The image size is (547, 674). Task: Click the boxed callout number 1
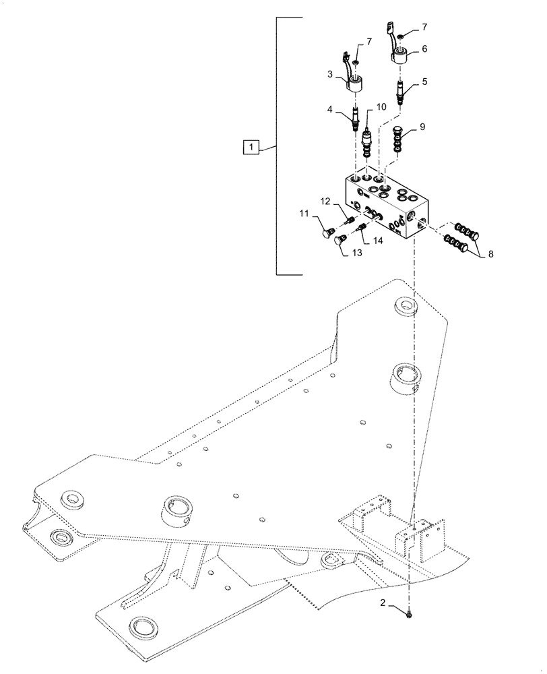[x=251, y=146]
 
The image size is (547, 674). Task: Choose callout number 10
[x=381, y=106]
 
